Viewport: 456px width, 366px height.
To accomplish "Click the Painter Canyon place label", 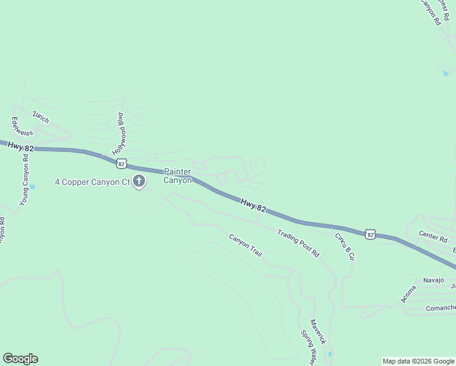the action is tap(177, 176).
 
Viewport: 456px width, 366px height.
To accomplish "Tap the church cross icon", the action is tap(139, 181).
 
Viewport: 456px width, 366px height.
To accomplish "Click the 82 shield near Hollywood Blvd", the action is tap(122, 163).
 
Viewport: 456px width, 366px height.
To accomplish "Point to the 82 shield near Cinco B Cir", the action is tap(370, 233).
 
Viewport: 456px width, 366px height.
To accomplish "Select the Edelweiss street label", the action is tap(17, 126).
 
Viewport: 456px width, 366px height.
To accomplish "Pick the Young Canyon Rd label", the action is tap(24, 179).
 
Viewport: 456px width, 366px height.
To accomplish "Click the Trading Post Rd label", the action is tap(298, 243).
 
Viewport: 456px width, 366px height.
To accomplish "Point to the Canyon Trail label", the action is tap(245, 245).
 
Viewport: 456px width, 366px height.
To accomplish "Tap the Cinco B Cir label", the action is tap(344, 246).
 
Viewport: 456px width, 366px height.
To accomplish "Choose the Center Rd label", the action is tap(433, 234).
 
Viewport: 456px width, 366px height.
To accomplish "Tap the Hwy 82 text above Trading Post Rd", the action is tap(253, 205).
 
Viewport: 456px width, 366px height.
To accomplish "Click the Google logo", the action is tap(20, 359).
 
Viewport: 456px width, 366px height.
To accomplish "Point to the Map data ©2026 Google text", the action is tap(418, 361).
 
